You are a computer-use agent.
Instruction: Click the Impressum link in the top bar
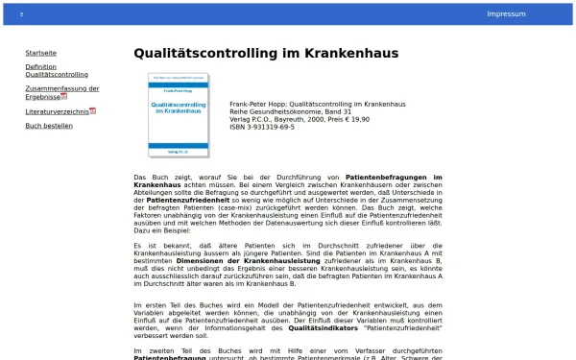(506, 14)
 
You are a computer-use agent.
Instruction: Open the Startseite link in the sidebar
(40, 53)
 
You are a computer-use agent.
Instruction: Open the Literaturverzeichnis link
(57, 111)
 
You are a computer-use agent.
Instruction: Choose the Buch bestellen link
(49, 126)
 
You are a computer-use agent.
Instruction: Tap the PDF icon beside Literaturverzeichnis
(93, 111)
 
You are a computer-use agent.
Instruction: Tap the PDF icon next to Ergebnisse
(64, 97)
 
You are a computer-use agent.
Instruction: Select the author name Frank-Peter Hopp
(257, 104)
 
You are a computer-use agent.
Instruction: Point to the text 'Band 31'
(340, 111)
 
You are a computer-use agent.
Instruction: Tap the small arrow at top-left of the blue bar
(21, 14)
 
